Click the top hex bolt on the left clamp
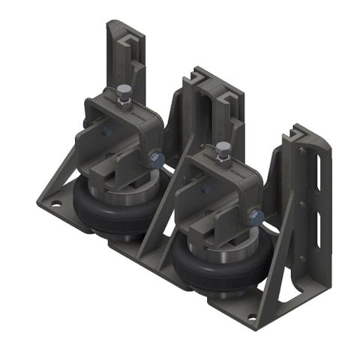[121, 93]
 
